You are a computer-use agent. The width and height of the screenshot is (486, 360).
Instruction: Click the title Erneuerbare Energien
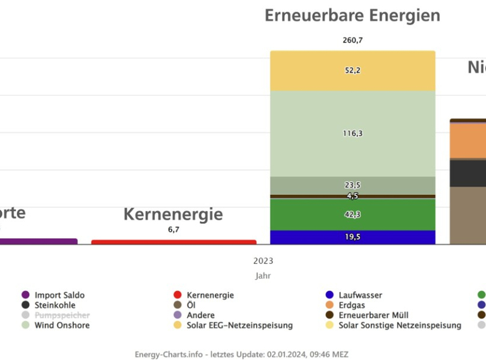(352, 16)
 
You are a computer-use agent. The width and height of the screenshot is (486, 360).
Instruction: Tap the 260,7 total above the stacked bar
(352, 40)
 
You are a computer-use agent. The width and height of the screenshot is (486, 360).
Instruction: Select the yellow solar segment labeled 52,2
(352, 70)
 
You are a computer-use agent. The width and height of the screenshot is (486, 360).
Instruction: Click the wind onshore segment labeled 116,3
(352, 133)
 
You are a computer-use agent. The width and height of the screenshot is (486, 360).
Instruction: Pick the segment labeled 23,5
(352, 185)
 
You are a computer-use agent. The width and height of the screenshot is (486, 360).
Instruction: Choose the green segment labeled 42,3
(352, 214)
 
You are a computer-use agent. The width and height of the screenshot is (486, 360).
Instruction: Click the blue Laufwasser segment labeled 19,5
(352, 237)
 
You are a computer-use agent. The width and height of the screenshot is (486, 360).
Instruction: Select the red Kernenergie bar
(173, 242)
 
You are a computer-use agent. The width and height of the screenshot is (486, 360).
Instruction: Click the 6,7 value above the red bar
(173, 230)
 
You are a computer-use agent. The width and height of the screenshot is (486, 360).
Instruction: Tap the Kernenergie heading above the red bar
(173, 214)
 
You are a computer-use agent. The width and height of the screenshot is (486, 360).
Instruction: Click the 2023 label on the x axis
(263, 261)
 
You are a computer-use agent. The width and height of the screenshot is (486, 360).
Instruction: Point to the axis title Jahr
(263, 276)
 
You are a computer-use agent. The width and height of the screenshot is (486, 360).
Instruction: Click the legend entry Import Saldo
(59, 295)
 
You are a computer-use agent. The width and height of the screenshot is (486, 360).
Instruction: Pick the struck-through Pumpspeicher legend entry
(62, 315)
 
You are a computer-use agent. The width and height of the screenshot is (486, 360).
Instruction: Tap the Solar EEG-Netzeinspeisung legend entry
(239, 325)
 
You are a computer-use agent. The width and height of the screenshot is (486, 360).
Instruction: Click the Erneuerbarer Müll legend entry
(373, 315)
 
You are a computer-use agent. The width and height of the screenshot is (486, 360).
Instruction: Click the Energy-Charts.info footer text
(241, 355)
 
